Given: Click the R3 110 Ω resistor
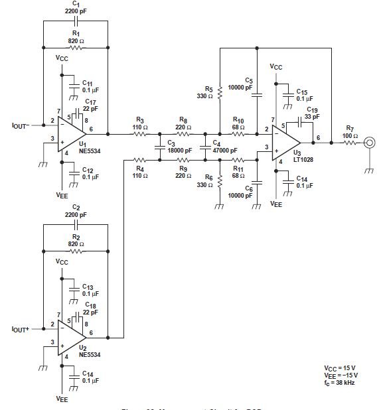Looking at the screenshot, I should pos(140,133).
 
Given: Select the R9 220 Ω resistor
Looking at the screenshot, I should pos(182,159).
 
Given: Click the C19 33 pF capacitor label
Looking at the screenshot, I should pos(312,112).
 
